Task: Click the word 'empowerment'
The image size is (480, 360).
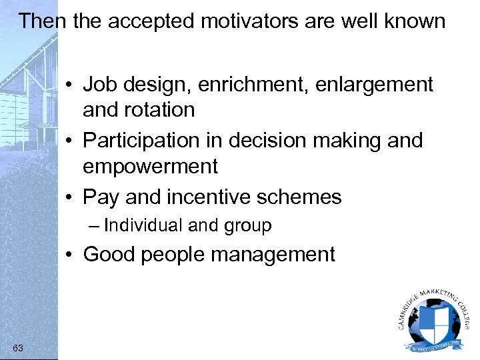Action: (x=150, y=166)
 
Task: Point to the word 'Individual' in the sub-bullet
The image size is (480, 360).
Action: (x=143, y=226)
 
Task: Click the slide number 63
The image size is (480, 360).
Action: (x=17, y=347)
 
